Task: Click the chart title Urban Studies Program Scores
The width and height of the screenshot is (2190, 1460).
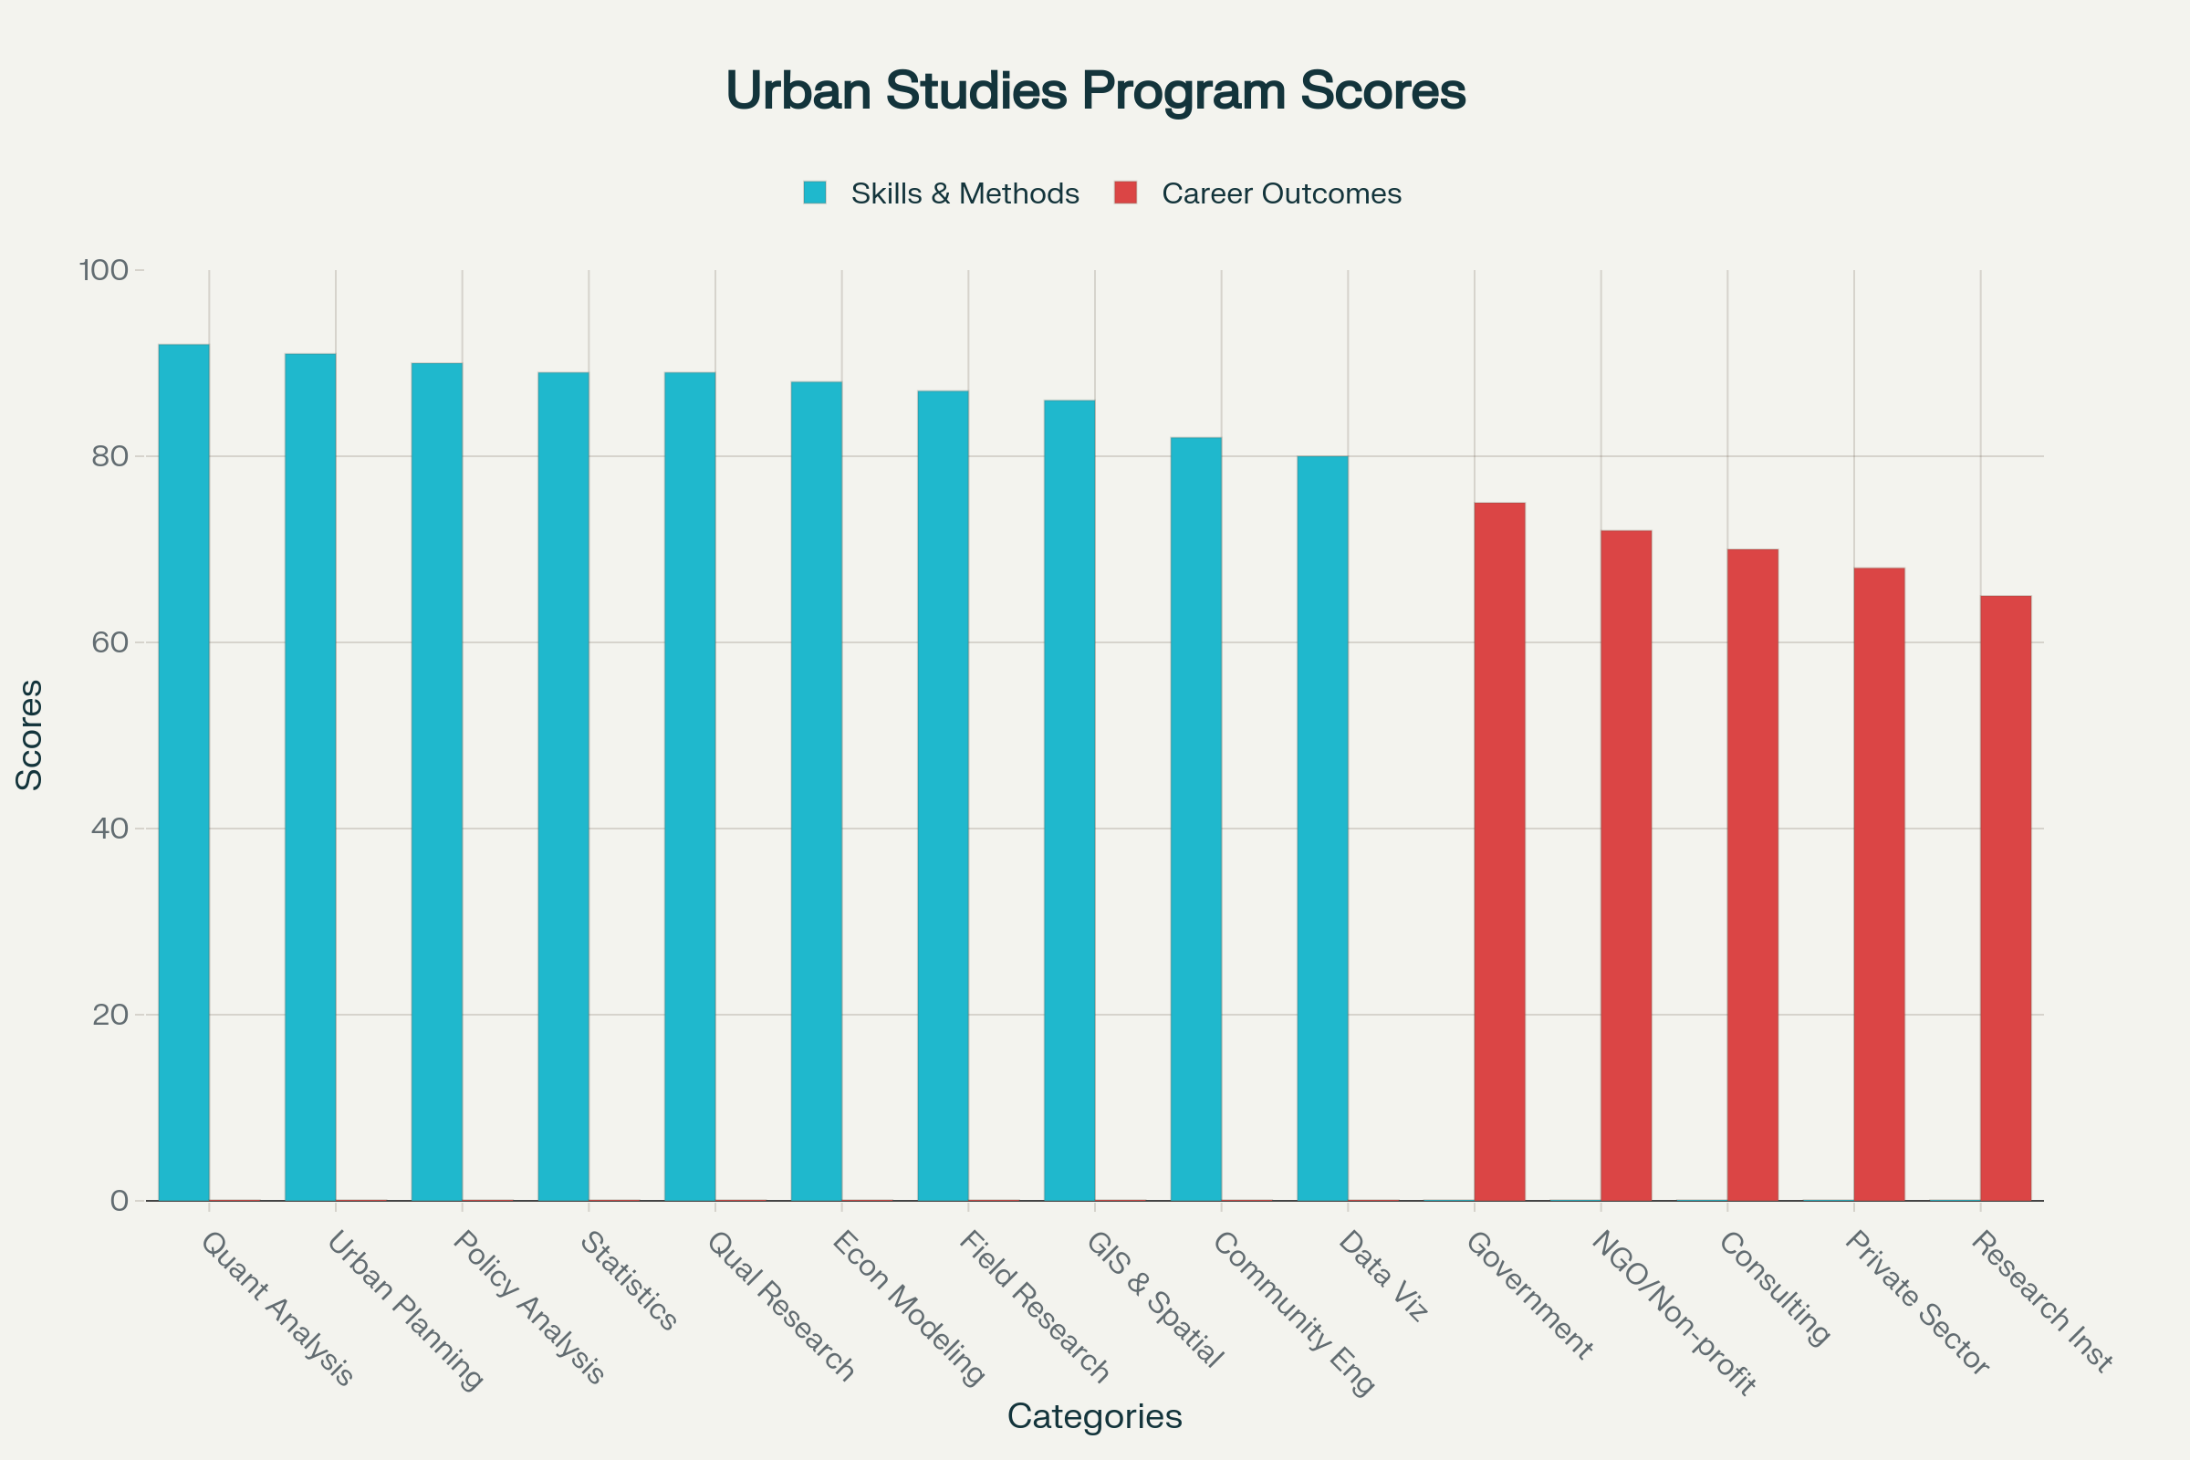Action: (1095, 91)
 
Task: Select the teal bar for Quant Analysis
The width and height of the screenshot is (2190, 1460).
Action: (183, 773)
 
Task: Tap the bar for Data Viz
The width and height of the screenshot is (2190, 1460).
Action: (1322, 829)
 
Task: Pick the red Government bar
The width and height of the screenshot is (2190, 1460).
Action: (1499, 852)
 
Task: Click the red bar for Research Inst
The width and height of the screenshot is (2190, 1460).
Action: (2006, 899)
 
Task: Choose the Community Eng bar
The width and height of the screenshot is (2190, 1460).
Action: (1195, 819)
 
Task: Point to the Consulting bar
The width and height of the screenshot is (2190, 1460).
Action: (1752, 875)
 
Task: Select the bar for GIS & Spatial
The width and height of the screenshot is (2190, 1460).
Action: (1069, 801)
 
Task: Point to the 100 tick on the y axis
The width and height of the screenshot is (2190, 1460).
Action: (103, 270)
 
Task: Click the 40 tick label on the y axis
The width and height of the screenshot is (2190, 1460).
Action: (109, 829)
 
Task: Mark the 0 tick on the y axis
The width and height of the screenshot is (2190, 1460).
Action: (120, 1201)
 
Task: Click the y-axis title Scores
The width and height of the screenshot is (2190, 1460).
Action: (30, 735)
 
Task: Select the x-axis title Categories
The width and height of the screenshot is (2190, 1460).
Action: (1095, 1416)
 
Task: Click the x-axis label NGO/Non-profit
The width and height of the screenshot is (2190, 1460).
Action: (1674, 1313)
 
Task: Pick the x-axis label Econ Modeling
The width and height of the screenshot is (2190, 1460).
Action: (908, 1308)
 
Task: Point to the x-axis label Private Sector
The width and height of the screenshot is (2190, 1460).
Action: (1917, 1303)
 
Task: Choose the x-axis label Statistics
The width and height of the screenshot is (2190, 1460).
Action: (629, 1281)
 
